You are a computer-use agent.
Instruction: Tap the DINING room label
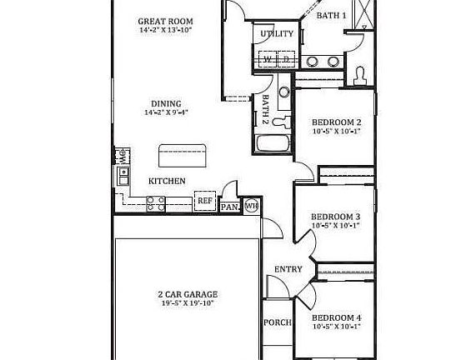165,103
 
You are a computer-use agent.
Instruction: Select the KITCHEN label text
167,181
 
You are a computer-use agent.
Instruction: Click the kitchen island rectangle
183,153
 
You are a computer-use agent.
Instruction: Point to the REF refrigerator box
204,201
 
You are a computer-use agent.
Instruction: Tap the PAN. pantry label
229,206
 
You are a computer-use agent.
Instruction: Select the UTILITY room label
277,34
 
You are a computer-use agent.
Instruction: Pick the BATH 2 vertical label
265,109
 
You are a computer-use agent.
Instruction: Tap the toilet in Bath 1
360,75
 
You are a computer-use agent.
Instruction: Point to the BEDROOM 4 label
336,317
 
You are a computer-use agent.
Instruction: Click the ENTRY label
288,268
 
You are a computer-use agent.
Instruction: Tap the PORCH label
277,322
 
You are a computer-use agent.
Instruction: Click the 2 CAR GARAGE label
187,294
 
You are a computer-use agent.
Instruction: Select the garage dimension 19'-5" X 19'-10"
187,303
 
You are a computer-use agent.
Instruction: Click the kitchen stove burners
155,200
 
